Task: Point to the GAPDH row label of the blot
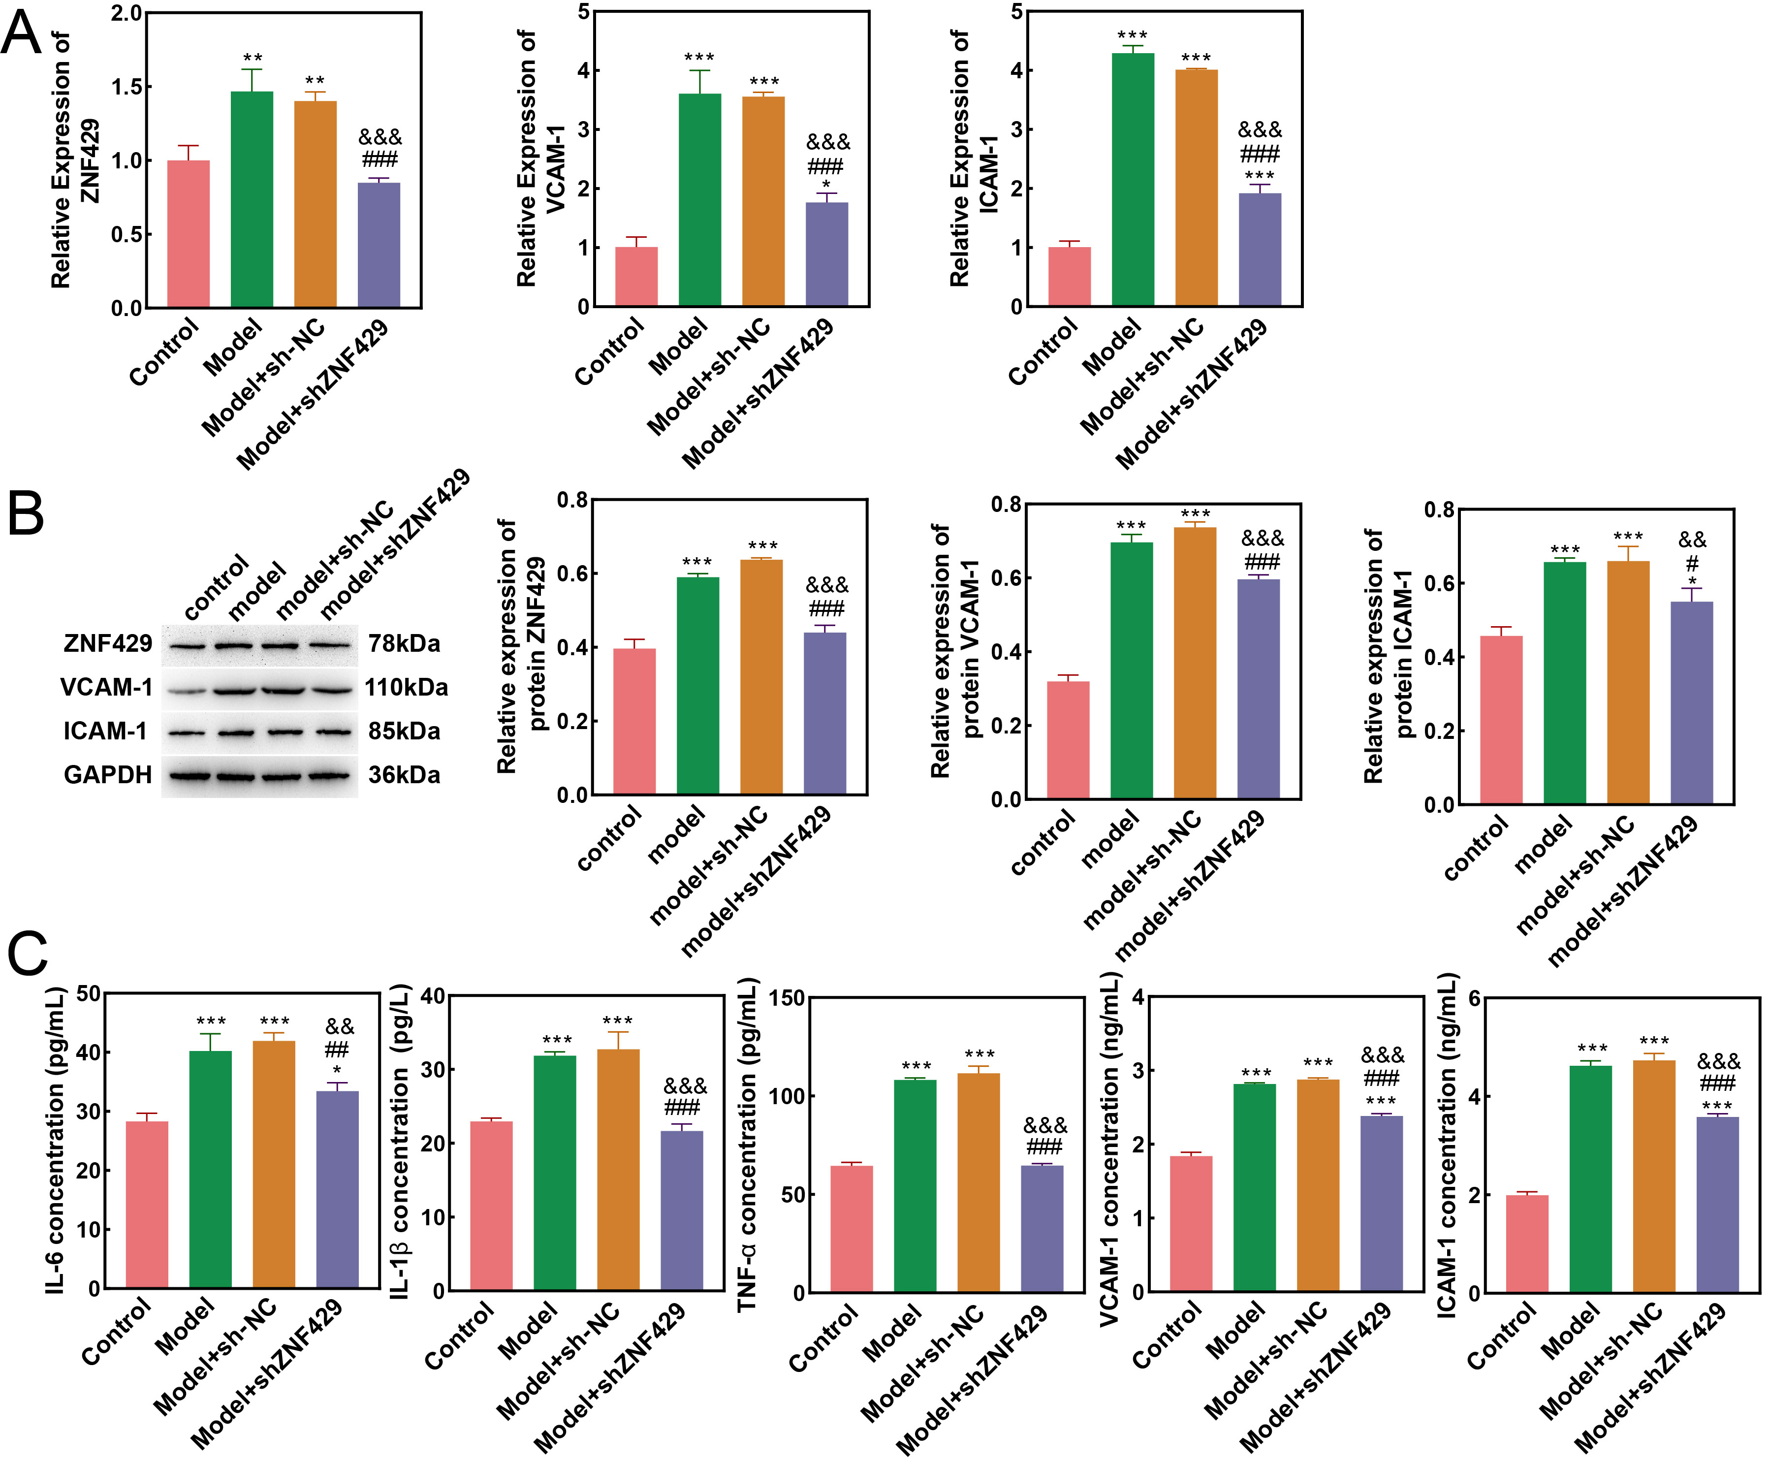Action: (108, 775)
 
